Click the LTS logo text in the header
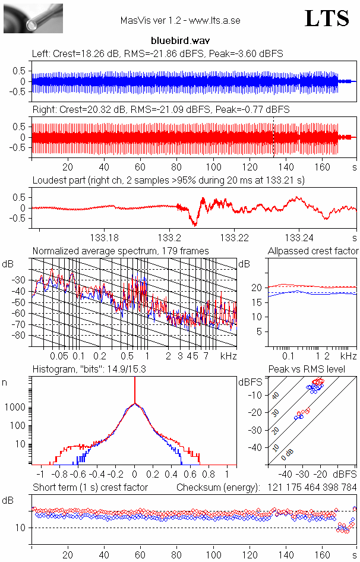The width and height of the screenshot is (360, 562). (327, 19)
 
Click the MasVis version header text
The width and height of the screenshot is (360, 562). (180, 21)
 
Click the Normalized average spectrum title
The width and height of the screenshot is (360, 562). (121, 251)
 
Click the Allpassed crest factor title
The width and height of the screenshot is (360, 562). (313, 251)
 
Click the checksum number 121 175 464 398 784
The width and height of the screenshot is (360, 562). (307, 487)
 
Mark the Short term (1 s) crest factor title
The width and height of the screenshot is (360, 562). (90, 487)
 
